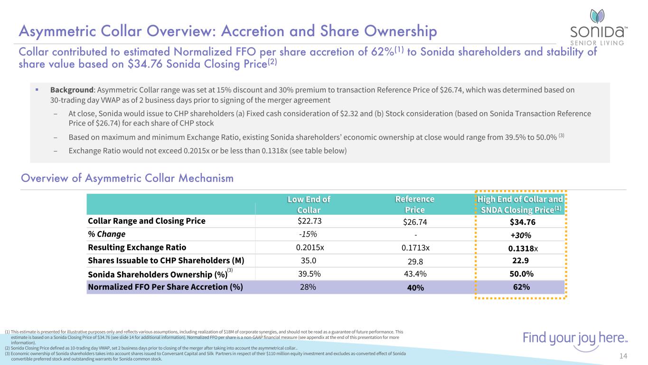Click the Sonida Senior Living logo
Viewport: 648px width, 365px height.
click(x=598, y=28)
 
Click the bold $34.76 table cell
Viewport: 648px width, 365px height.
click(x=520, y=222)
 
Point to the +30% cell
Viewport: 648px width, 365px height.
click(x=520, y=235)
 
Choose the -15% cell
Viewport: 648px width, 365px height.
click(x=308, y=234)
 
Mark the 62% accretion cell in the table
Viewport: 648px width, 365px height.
click(x=520, y=287)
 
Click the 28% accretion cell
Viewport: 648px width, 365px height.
click(x=308, y=287)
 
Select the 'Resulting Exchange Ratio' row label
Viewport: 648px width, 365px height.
click(x=137, y=248)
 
